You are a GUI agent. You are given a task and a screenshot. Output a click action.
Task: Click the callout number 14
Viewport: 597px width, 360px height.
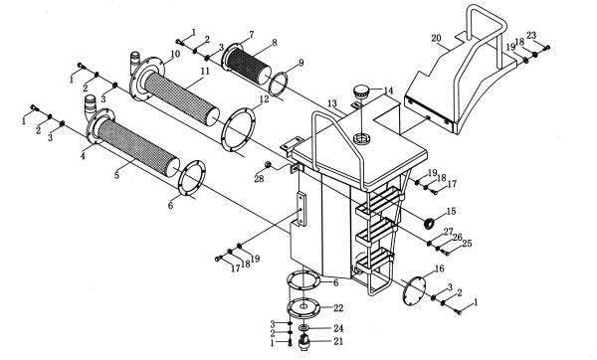point(388,90)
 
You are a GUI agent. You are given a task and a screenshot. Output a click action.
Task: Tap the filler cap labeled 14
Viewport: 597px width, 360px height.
point(361,91)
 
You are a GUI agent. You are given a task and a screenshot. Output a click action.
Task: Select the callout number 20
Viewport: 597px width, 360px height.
point(437,39)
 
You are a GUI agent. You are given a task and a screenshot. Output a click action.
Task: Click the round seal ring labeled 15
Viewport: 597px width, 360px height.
point(430,223)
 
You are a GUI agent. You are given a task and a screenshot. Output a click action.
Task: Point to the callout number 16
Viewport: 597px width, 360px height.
point(439,270)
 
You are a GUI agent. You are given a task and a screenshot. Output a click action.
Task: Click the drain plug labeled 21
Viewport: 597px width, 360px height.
point(303,341)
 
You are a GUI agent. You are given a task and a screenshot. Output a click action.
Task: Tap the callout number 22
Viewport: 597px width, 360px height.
point(338,308)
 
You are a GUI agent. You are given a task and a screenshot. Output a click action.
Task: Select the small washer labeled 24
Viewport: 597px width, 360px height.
point(303,327)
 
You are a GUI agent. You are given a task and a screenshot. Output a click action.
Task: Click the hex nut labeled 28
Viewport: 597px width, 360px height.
point(268,164)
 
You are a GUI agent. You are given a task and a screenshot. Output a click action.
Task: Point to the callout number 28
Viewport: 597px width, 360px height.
point(259,178)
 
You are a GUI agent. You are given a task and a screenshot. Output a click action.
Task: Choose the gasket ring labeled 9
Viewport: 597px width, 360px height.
point(278,84)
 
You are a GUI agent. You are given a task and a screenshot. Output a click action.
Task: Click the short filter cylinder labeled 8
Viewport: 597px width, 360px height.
point(248,65)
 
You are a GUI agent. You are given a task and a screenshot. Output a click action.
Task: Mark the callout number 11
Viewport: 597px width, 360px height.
point(205,71)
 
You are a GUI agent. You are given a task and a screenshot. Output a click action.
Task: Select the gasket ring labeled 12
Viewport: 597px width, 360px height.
point(238,130)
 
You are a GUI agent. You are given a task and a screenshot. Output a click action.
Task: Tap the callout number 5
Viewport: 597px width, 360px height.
point(116,175)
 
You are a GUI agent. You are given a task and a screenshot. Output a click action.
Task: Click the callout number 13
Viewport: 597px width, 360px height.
point(332,103)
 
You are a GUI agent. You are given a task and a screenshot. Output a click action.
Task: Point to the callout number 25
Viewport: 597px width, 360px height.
point(467,244)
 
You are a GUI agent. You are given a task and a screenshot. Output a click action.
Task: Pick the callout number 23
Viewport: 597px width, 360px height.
point(531,35)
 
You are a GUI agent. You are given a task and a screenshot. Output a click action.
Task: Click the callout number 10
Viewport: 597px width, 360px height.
point(175,54)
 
